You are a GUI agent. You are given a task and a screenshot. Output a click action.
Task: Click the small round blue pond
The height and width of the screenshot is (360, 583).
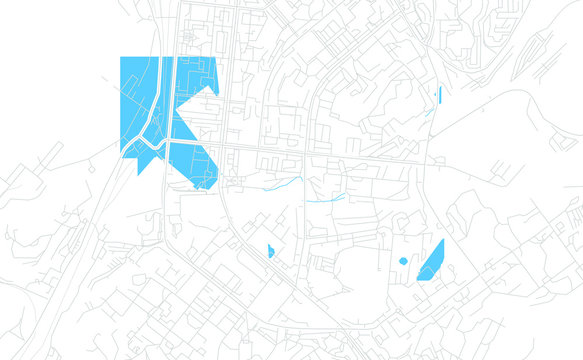(x=403, y=261)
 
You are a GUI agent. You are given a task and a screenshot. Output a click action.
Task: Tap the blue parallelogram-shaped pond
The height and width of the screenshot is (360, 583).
(x=431, y=261)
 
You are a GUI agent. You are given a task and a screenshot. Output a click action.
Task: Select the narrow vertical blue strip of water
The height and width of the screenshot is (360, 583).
(x=439, y=96)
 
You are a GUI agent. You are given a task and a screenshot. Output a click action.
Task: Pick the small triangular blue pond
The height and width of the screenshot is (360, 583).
(x=270, y=250)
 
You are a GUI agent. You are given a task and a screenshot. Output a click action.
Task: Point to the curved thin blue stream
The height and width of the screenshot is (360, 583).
(x=284, y=183)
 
